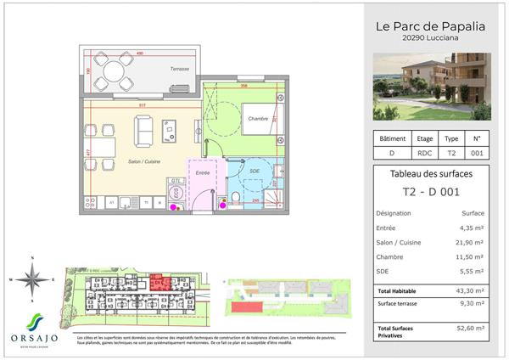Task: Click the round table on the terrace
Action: point(113,71)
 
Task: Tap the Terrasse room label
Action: point(179,69)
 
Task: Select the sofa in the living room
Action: point(144,130)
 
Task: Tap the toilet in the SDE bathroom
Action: point(234,200)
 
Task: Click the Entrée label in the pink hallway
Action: point(203,173)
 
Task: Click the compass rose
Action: point(33,279)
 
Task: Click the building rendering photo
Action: point(432,86)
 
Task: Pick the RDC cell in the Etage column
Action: point(425,154)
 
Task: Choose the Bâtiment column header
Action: point(392,138)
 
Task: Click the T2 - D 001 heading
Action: point(431,194)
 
